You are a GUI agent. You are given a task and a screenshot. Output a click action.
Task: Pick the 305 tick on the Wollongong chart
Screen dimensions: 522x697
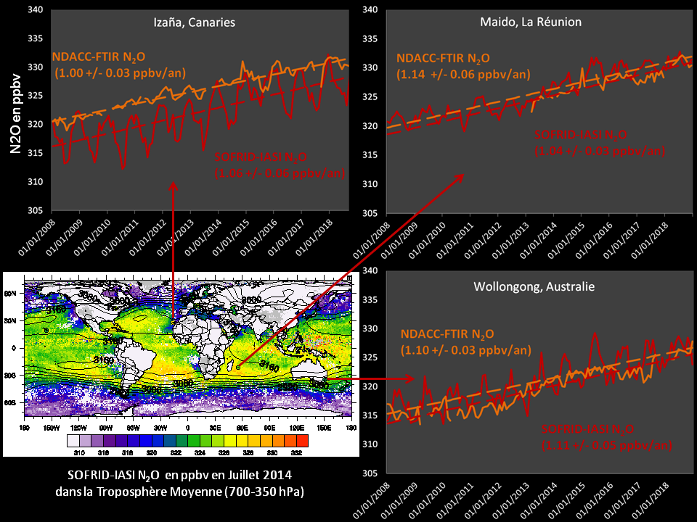[x=370, y=473]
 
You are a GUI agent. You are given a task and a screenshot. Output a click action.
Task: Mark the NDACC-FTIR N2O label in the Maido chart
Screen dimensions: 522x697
[x=443, y=58]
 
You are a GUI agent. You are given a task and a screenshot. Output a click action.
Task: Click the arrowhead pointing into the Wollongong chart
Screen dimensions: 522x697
[x=411, y=378]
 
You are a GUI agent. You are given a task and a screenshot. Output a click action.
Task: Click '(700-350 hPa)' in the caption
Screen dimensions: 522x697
[x=260, y=492]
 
